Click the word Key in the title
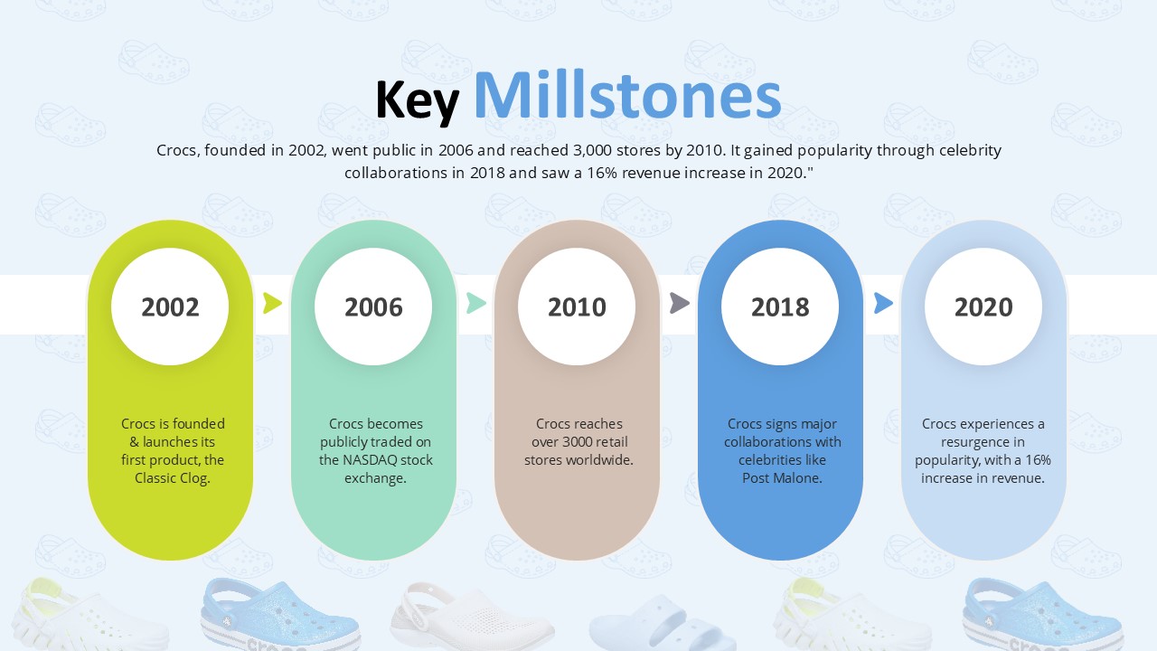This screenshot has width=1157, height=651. [x=418, y=100]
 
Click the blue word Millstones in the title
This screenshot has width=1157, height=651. [x=627, y=96]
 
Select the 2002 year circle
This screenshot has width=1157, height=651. [x=170, y=307]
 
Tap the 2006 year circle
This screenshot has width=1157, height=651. [x=373, y=307]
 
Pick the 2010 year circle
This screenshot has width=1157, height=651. [x=577, y=307]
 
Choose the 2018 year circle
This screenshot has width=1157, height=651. [x=780, y=307]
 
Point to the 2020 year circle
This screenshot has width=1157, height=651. [x=983, y=307]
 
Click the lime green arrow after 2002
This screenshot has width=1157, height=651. [x=272, y=303]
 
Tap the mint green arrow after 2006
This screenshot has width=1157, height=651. [x=475, y=303]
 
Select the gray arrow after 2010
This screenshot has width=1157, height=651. [x=679, y=303]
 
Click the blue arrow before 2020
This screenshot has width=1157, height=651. [x=883, y=303]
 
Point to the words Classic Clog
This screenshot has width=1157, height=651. [x=173, y=478]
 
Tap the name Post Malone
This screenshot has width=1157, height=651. [x=782, y=478]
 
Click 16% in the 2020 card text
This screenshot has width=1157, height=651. [x=1039, y=460]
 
